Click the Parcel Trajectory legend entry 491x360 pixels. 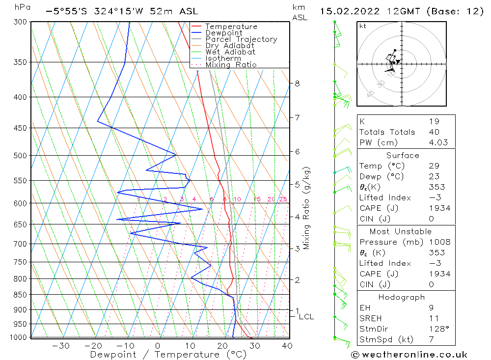(x=241, y=39)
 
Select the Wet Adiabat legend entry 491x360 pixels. (x=230, y=52)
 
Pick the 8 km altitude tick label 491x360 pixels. (x=298, y=83)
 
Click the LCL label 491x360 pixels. (x=306, y=317)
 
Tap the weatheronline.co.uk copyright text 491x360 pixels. (x=409, y=355)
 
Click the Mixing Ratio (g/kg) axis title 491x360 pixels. (x=307, y=208)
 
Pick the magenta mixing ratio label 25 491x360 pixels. (x=283, y=199)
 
